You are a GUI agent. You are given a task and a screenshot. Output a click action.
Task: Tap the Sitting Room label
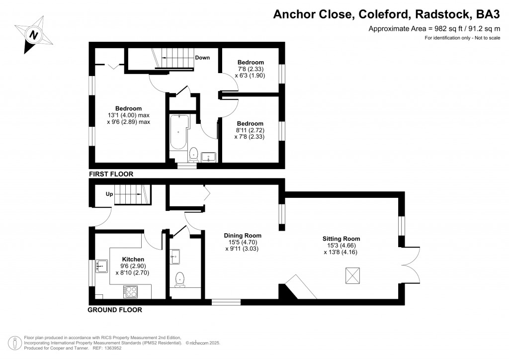click(340, 239)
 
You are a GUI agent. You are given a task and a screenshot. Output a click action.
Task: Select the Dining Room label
click(242, 236)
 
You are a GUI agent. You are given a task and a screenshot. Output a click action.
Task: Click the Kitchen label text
click(133, 260)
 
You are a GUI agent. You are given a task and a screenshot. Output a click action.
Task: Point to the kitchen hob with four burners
click(131, 291)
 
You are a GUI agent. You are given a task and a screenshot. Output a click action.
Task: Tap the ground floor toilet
click(179, 280)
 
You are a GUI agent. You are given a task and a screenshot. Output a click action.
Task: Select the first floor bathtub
click(177, 132)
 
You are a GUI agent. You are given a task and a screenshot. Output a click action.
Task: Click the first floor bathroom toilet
click(193, 155)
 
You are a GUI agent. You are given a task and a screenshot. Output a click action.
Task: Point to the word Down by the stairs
click(202, 58)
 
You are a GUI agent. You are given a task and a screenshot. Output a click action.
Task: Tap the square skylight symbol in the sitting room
click(352, 275)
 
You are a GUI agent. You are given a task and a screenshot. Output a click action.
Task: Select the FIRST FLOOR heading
click(111, 175)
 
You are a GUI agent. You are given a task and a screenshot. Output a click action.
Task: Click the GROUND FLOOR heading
click(115, 310)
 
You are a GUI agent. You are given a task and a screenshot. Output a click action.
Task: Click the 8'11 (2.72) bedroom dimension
click(250, 130)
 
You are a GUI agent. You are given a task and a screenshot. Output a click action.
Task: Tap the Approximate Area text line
click(433, 28)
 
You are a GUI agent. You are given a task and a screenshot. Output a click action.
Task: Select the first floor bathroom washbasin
click(209, 157)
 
